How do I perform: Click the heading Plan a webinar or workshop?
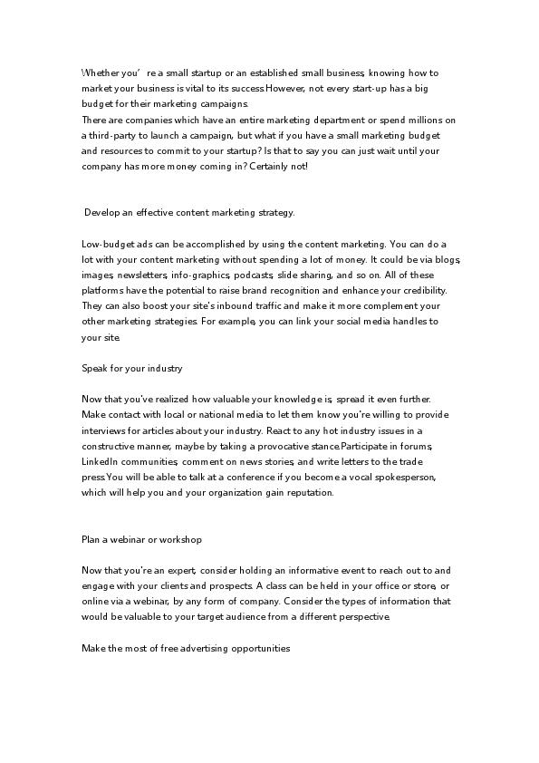[141, 540]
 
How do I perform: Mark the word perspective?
[362, 618]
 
